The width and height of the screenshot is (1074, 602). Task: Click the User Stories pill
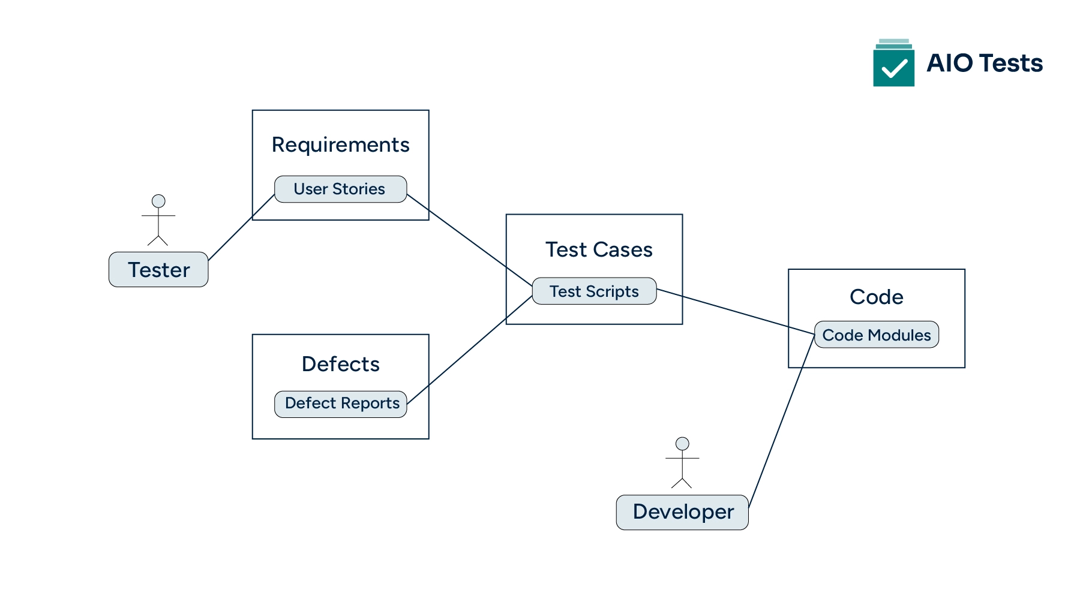[340, 189]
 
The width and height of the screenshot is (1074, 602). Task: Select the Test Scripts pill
[594, 291]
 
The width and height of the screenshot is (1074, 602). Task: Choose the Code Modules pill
[876, 335]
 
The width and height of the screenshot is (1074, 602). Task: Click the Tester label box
[158, 270]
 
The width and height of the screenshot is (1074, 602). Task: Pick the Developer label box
[682, 513]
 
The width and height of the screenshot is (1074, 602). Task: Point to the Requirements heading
[340, 145]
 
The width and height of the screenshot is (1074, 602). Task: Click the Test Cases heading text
[598, 249]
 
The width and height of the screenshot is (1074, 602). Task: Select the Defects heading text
[340, 365]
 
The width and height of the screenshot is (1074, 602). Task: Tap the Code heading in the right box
[876, 297]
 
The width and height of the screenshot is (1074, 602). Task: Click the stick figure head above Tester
[158, 201]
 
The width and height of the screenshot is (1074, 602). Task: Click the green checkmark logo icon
[893, 66]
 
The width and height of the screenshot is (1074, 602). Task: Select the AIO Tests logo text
[984, 64]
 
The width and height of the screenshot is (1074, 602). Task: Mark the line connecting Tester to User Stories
[241, 227]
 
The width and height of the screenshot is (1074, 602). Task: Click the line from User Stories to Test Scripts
[469, 240]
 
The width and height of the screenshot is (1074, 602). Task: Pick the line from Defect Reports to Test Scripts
[469, 350]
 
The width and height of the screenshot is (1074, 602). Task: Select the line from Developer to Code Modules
[781, 422]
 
